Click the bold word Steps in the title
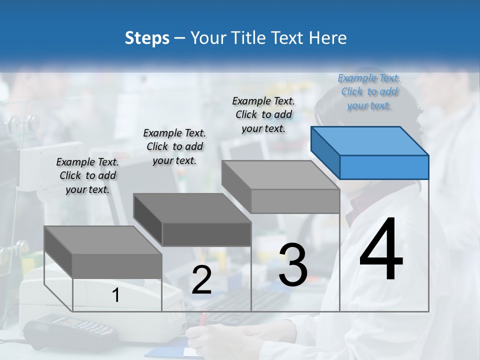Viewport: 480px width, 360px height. (147, 38)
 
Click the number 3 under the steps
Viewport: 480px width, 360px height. (293, 265)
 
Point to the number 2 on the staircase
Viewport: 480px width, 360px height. (201, 280)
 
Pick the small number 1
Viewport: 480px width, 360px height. (116, 295)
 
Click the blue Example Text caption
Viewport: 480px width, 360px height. (369, 91)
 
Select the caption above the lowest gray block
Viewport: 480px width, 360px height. (87, 175)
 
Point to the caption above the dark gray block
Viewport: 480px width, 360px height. (174, 146)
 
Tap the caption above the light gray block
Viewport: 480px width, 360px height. (263, 114)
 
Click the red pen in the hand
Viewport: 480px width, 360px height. (204, 320)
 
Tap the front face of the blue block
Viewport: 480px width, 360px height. (384, 167)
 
